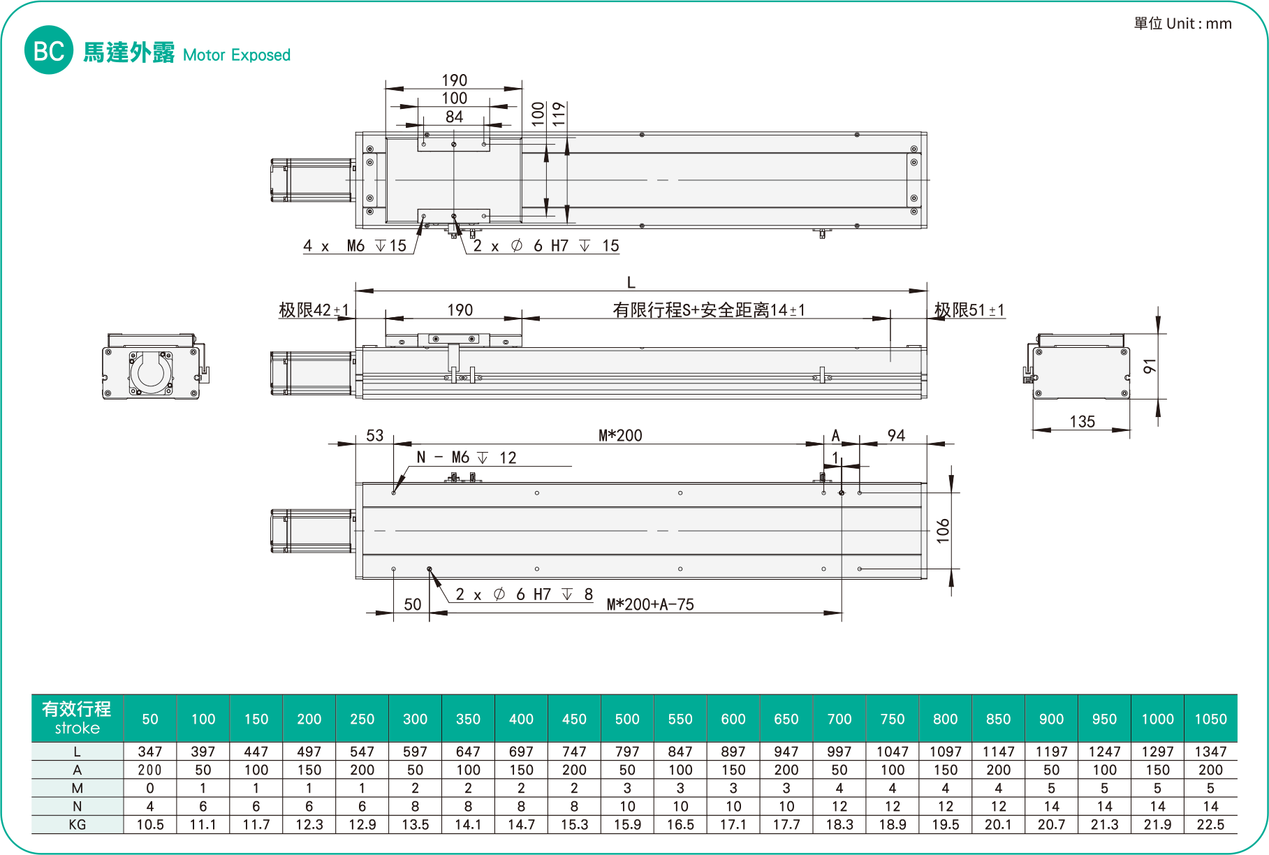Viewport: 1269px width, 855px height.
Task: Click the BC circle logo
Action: click(49, 50)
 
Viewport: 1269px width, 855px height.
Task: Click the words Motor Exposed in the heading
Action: click(237, 55)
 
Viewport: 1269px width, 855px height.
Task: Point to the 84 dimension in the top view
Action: click(454, 117)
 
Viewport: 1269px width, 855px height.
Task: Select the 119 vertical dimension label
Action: click(559, 114)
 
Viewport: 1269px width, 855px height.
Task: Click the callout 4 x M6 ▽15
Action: click(355, 246)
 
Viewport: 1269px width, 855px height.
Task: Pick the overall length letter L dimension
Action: click(631, 283)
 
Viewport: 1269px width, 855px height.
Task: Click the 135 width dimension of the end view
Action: click(1082, 421)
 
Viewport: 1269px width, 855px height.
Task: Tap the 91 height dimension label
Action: click(1150, 366)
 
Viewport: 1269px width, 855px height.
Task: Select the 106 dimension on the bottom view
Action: click(944, 531)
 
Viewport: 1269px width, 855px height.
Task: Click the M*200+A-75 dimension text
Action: click(650, 605)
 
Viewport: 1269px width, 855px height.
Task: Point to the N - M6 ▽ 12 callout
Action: click(466, 458)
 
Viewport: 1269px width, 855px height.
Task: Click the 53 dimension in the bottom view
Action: click(375, 436)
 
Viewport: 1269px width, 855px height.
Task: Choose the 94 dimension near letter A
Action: click(896, 436)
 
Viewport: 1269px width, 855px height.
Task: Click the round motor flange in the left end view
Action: click(151, 372)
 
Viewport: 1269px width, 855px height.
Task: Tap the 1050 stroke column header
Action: click(1210, 719)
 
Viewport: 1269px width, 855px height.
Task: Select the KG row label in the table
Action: click(77, 824)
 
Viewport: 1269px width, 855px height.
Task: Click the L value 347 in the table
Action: click(150, 752)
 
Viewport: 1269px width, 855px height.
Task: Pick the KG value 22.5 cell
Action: click(1210, 824)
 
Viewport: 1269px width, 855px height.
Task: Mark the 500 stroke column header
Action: click(627, 719)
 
